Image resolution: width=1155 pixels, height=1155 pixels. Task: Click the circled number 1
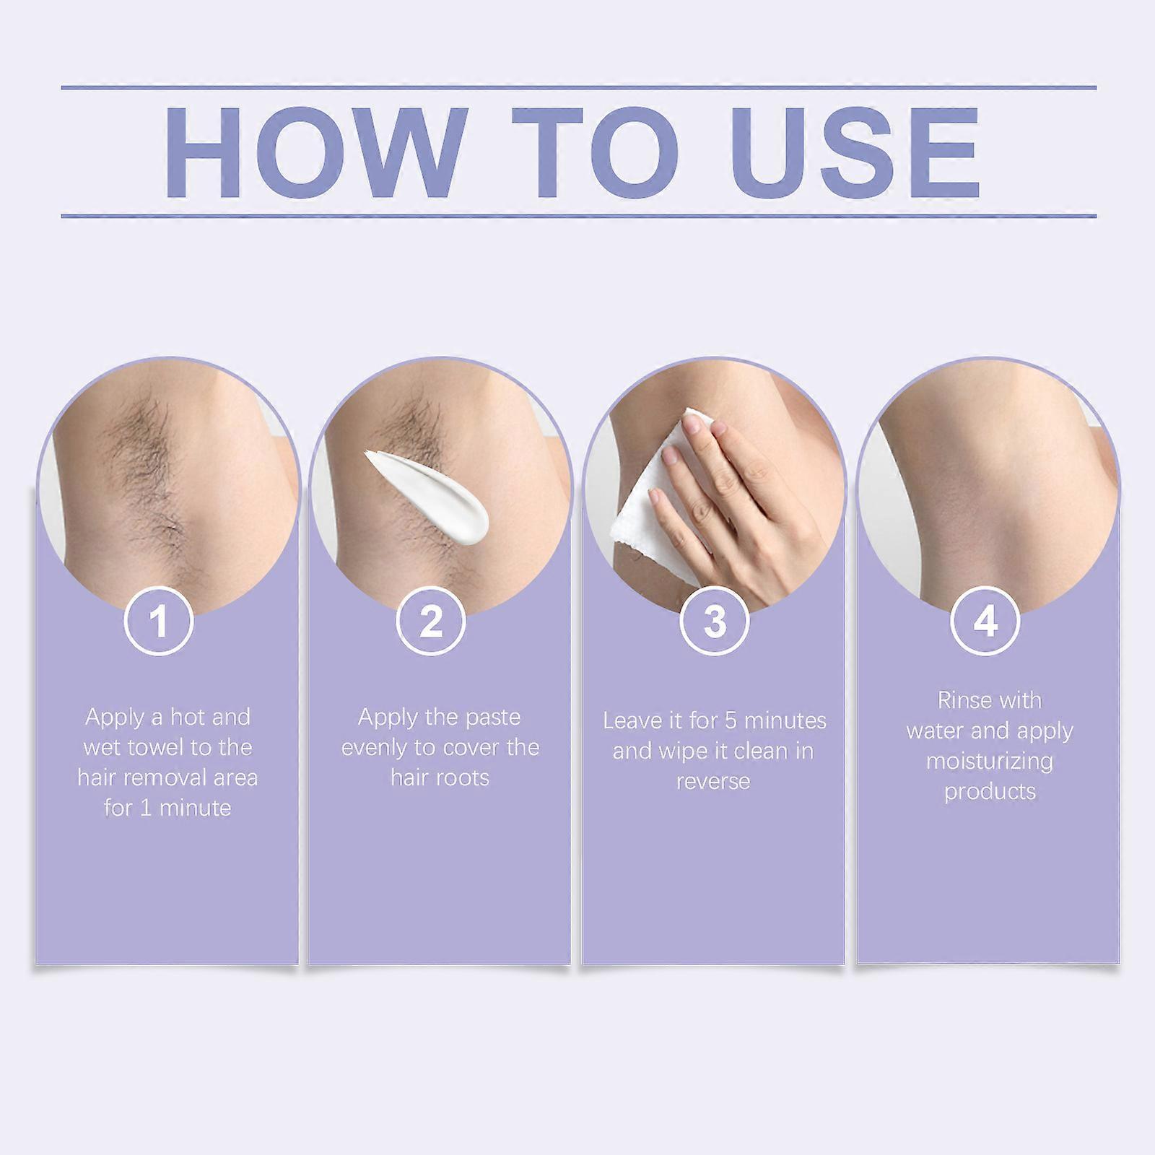point(159,621)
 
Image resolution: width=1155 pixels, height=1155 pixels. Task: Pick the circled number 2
point(431,621)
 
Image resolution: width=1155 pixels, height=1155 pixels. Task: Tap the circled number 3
point(714,621)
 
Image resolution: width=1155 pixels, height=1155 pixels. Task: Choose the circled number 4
point(986,621)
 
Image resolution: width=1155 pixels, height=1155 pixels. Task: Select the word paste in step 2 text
point(489,718)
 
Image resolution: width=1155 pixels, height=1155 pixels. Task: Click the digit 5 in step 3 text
point(731,720)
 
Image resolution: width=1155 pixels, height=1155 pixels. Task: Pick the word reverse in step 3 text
point(713,782)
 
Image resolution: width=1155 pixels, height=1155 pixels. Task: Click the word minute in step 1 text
point(194,808)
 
